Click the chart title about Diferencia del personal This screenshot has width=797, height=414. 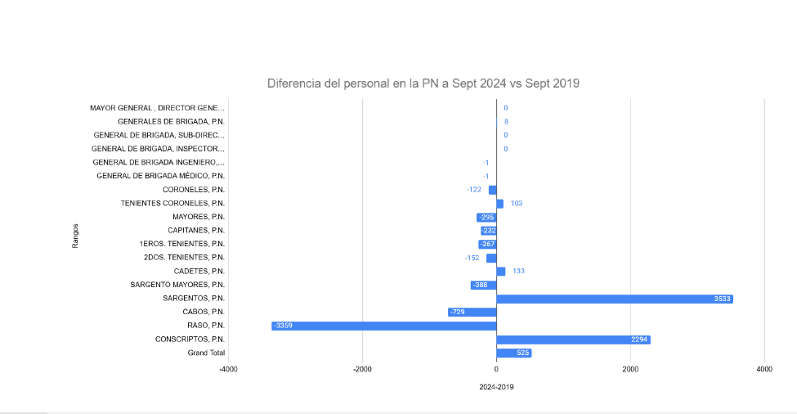pos(423,83)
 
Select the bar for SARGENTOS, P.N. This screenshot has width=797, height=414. pos(613,299)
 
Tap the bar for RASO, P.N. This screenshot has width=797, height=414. pos(384,326)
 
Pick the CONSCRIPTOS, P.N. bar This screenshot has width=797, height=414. pos(572,340)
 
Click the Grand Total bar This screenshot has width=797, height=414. pos(513,353)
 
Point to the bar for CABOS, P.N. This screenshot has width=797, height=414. pos(472,313)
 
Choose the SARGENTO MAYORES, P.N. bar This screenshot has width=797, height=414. pos(483,285)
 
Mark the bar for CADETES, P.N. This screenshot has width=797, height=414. pos(500,272)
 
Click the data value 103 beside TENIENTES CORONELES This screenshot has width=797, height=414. pos(517,204)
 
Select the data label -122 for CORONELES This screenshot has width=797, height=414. pos(474,190)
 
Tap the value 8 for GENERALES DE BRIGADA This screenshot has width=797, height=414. pos(506,122)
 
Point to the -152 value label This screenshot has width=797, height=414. pos(472,258)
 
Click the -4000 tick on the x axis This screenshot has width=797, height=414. pos(228,370)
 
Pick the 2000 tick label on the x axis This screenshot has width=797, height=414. pos(629,370)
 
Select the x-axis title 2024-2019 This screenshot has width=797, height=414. pos(496,387)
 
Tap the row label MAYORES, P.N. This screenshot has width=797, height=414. pos(198,217)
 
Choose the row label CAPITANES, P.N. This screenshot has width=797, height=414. pos(196,231)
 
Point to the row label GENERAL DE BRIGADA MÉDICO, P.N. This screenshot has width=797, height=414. pos(160,176)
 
